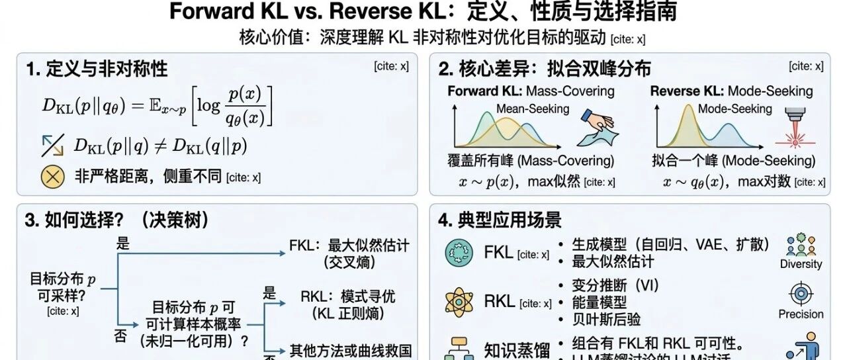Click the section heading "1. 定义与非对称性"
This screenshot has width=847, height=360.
pos(97,69)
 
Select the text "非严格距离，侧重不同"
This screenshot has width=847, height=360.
pos(148,177)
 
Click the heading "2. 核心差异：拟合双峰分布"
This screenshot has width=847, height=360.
pos(545,69)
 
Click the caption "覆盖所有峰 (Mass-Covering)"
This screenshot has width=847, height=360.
pos(531,161)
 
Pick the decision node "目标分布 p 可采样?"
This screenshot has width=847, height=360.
pos(63,287)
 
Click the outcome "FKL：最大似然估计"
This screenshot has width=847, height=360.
pos(349,246)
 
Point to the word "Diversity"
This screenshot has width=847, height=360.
pos(801,264)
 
